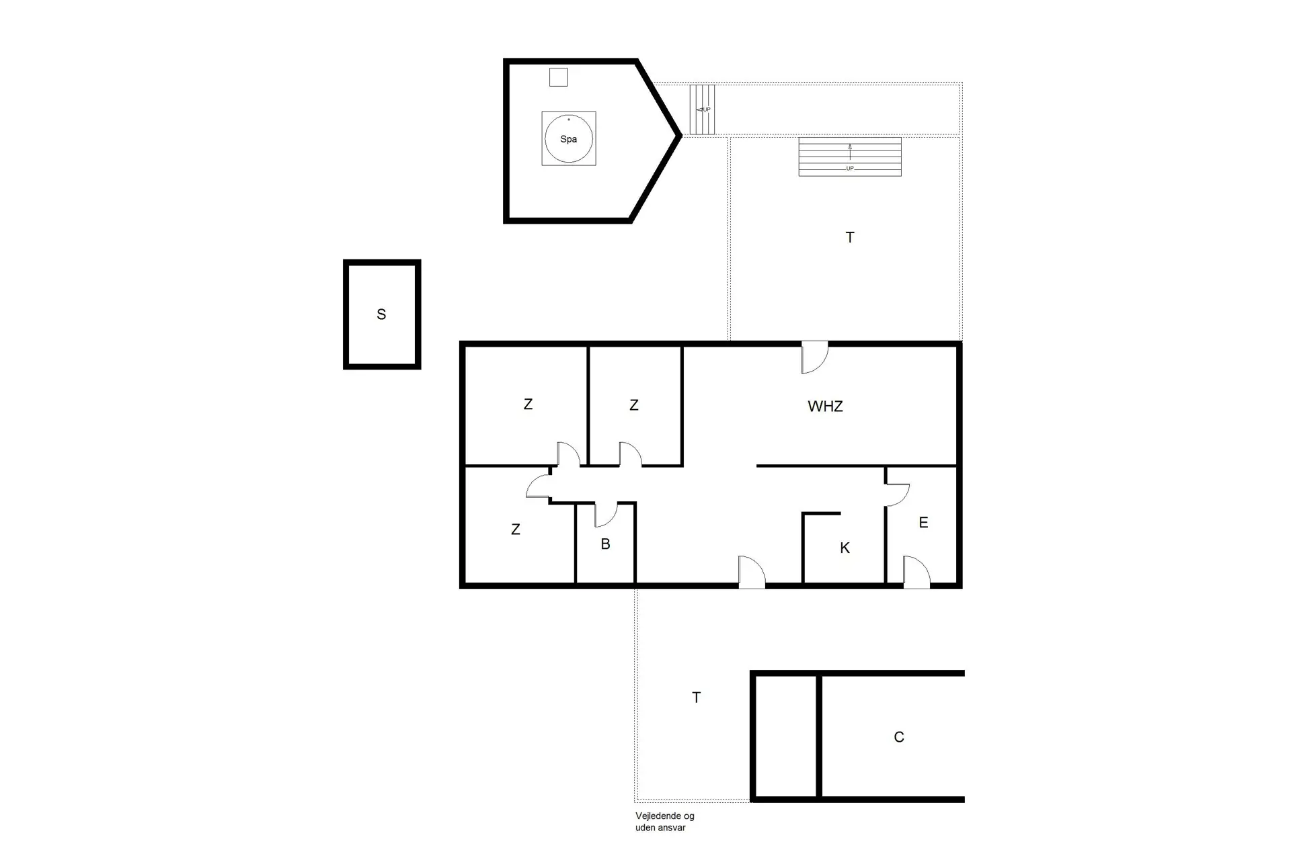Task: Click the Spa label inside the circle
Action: pyautogui.click(x=569, y=139)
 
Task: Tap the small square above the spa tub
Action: pyautogui.click(x=558, y=77)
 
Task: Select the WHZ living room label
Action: pyautogui.click(x=825, y=406)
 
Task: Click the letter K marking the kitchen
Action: pyautogui.click(x=845, y=548)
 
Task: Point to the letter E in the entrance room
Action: pyautogui.click(x=923, y=523)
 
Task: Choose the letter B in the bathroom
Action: pyautogui.click(x=605, y=544)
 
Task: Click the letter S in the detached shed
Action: pyautogui.click(x=381, y=314)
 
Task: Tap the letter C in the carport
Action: pyautogui.click(x=899, y=737)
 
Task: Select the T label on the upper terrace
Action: pyautogui.click(x=850, y=237)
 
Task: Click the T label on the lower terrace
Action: pyautogui.click(x=697, y=697)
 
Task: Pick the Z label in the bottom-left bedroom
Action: pyautogui.click(x=516, y=529)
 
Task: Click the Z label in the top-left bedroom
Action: pyautogui.click(x=528, y=404)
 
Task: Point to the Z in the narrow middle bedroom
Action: pyautogui.click(x=633, y=405)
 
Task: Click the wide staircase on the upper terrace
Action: pyautogui.click(x=850, y=157)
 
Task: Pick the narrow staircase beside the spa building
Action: pyautogui.click(x=703, y=110)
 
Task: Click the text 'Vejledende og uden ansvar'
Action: pyautogui.click(x=665, y=822)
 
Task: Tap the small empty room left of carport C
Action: pyautogui.click(x=786, y=736)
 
